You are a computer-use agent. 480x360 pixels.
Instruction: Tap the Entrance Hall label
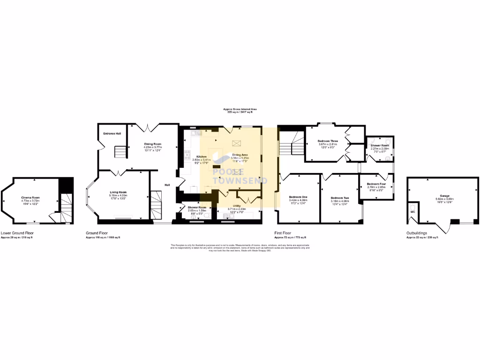tap(112, 134)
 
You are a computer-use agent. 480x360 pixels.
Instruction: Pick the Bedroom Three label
tap(328, 141)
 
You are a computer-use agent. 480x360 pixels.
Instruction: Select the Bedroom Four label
tap(376, 184)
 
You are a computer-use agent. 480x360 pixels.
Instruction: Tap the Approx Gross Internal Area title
tap(240, 109)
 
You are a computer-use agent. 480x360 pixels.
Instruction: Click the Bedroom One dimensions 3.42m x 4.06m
tap(298, 200)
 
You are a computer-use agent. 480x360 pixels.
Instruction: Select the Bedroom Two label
tap(339, 198)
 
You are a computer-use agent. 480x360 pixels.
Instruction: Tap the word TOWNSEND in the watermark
tap(240, 180)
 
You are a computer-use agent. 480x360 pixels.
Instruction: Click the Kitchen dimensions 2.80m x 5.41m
tap(202, 160)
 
